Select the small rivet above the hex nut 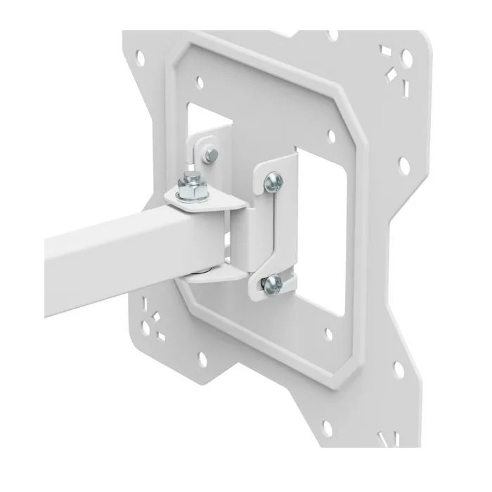coord(210,153)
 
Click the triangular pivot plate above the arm coord(204,204)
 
